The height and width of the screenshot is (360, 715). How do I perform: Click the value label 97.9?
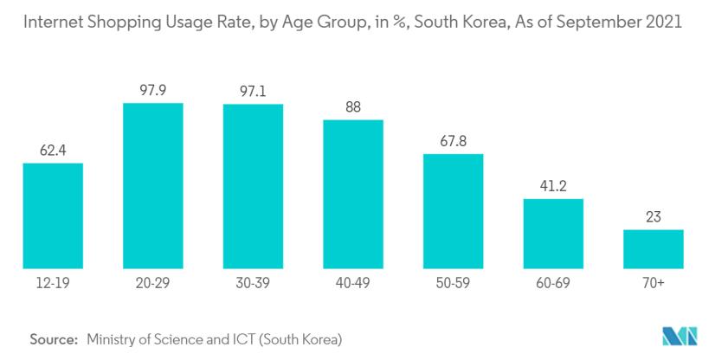(x=153, y=89)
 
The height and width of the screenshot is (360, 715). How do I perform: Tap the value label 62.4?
(x=53, y=150)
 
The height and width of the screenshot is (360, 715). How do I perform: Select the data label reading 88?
(x=353, y=107)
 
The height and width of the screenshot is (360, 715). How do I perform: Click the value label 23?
(x=654, y=216)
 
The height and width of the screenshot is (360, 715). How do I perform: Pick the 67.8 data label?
(x=454, y=140)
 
